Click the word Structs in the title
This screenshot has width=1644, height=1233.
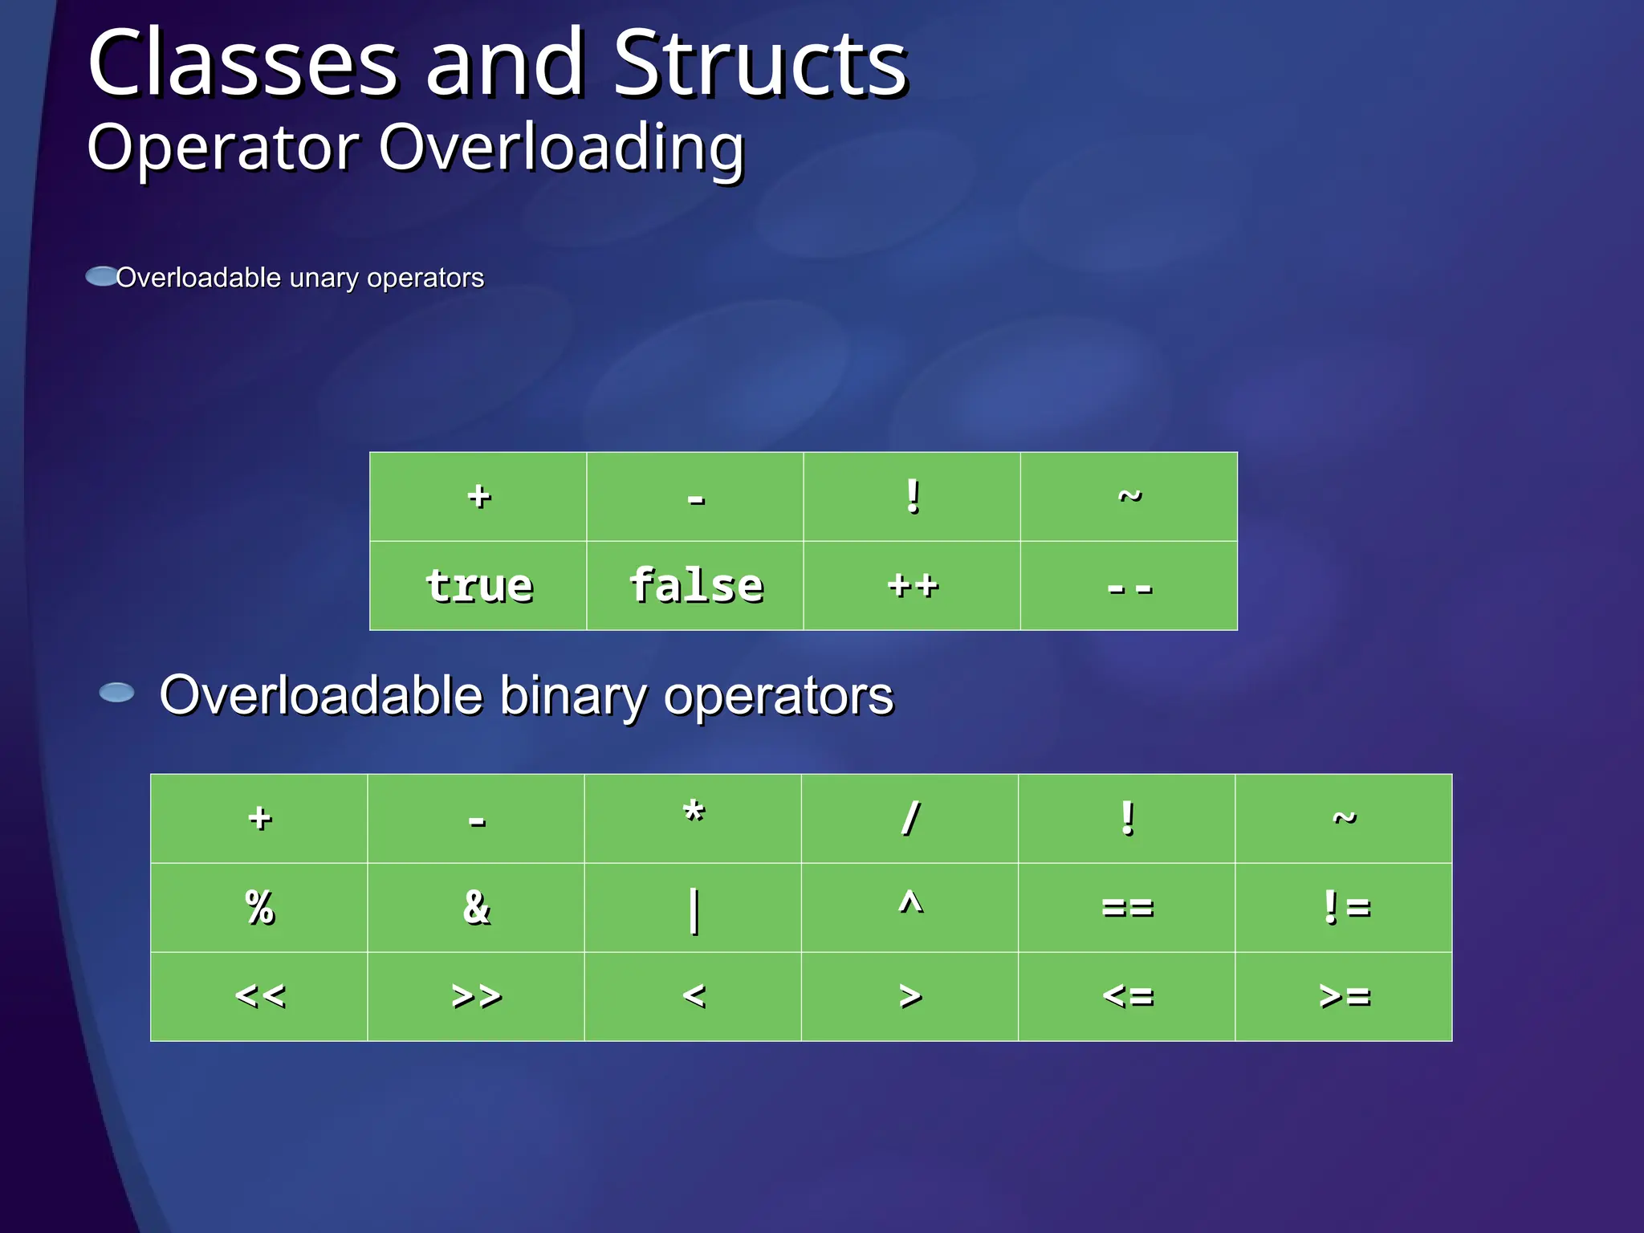pos(760,64)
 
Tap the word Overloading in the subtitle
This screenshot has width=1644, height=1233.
pos(561,149)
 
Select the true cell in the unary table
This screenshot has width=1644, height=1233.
pos(478,586)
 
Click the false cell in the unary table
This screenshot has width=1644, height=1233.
pos(695,586)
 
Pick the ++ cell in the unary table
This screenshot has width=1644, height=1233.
pos(912,586)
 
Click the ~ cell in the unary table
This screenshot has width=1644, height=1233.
pos(1129,497)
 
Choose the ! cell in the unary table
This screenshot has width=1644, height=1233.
pos(912,497)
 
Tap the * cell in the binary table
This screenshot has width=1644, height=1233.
pos(693,819)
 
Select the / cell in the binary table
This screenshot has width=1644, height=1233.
pos(909,819)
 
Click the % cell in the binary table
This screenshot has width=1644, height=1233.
pos(259,908)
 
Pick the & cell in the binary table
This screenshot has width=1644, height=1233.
pos(476,908)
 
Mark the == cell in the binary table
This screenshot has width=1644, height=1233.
pos(1126,908)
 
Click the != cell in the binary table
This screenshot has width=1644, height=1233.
pos(1344,908)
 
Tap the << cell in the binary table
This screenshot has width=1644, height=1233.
pos(259,997)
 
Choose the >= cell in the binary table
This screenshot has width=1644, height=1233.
pos(1344,997)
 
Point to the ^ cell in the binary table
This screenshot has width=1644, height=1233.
pos(909,908)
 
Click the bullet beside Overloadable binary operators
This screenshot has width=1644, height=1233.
pos(117,693)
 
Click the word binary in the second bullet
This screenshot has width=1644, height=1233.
pos(572,695)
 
